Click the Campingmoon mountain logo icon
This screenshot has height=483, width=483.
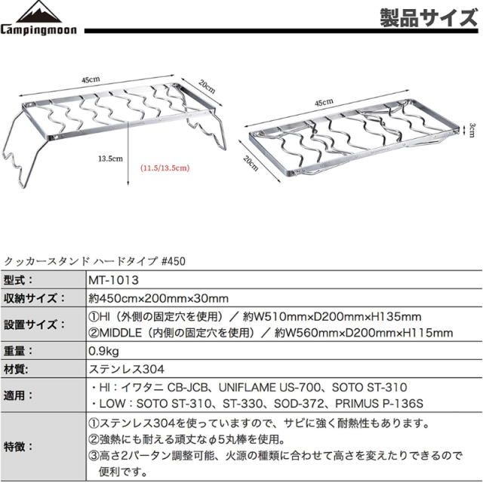tap(38, 11)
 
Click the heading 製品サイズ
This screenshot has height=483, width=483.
tap(429, 18)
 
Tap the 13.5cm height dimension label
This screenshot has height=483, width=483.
tap(110, 158)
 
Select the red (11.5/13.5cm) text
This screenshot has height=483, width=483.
tap(165, 168)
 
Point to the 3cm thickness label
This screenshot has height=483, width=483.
tap(472, 130)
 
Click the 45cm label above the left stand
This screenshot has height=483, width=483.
tap(91, 79)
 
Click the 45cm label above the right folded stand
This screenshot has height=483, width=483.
tap(324, 103)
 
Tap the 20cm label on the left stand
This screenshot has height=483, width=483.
tap(207, 87)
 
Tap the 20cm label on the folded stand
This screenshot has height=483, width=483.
tap(251, 163)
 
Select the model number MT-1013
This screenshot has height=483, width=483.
tap(113, 280)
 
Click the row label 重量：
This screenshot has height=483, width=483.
tap(18, 351)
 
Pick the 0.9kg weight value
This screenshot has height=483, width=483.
tap(103, 351)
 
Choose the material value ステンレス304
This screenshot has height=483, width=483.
tap(127, 369)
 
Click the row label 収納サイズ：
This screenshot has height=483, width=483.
tap(35, 298)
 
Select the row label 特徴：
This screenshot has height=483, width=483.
tap(18, 446)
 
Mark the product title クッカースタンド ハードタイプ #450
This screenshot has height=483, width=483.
tap(94, 261)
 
